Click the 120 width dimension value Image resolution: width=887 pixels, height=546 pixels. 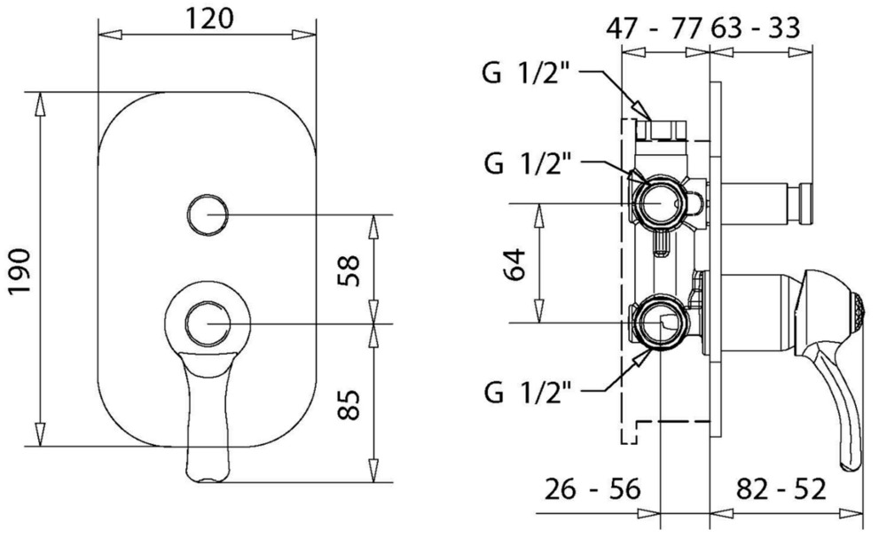pyautogui.click(x=210, y=17)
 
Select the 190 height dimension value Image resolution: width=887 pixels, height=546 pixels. pyautogui.click(x=19, y=269)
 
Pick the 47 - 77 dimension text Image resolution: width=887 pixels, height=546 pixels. pyautogui.click(x=655, y=27)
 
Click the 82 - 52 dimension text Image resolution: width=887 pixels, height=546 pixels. pyautogui.click(x=781, y=488)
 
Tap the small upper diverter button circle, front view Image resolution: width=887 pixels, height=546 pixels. pyautogui.click(x=209, y=214)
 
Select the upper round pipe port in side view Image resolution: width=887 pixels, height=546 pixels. pyautogui.click(x=660, y=202)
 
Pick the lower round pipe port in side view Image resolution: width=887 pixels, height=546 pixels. pyautogui.click(x=660, y=324)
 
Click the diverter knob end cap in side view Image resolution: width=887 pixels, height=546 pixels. pyautogui.click(x=806, y=203)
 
